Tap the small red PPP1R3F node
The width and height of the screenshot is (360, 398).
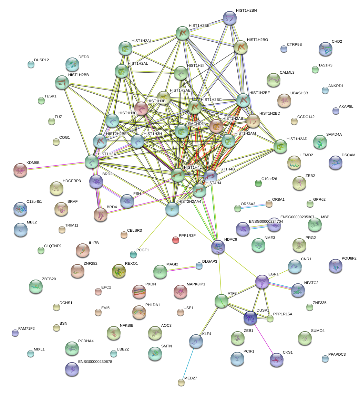176,240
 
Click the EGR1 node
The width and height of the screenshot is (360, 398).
262,282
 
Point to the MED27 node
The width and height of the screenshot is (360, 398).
181,382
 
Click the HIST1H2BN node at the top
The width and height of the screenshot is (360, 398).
229,18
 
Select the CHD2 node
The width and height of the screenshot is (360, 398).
326,49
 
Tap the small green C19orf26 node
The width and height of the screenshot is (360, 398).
258,183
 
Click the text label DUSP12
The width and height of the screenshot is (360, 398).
41,60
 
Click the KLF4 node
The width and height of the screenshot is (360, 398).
196,341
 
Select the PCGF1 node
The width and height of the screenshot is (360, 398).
133,254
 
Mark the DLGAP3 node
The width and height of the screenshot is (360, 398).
199,265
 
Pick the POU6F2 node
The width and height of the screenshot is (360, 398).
336,265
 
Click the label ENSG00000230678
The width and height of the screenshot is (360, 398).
95,362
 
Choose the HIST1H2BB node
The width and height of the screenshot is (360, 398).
62,83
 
